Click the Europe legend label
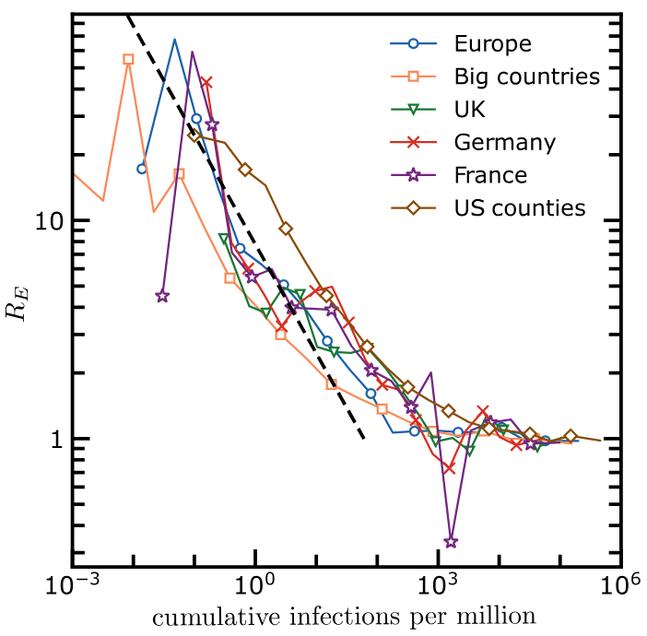click(492, 43)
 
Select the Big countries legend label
click(526, 77)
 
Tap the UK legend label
click(469, 110)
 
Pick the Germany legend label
click(504, 143)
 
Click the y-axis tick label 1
click(53, 439)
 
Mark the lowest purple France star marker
click(451, 542)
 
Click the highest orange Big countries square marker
click(128, 59)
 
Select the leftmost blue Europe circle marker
click(142, 169)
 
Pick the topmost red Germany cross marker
click(206, 83)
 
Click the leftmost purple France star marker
click(162, 297)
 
